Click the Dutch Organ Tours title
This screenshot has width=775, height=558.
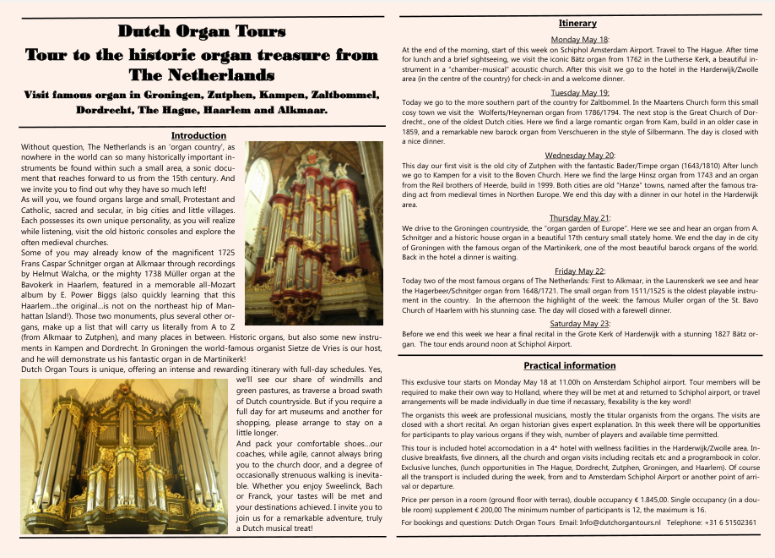click(x=202, y=32)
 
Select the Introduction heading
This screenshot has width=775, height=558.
click(x=198, y=135)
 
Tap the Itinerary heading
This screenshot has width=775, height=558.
click(x=577, y=24)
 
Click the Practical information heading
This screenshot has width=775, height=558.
click(x=577, y=366)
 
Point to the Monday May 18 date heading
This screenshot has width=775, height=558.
click(x=579, y=40)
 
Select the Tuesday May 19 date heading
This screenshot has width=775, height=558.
click(x=579, y=92)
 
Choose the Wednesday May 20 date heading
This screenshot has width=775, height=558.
click(x=579, y=156)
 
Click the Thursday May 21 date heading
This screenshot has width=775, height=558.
click(x=579, y=218)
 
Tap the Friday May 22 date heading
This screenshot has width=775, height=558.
click(x=579, y=271)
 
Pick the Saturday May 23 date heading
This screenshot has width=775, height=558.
click(x=579, y=323)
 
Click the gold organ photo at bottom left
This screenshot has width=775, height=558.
click(x=124, y=456)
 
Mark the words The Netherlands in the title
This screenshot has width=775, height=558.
click(x=202, y=74)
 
